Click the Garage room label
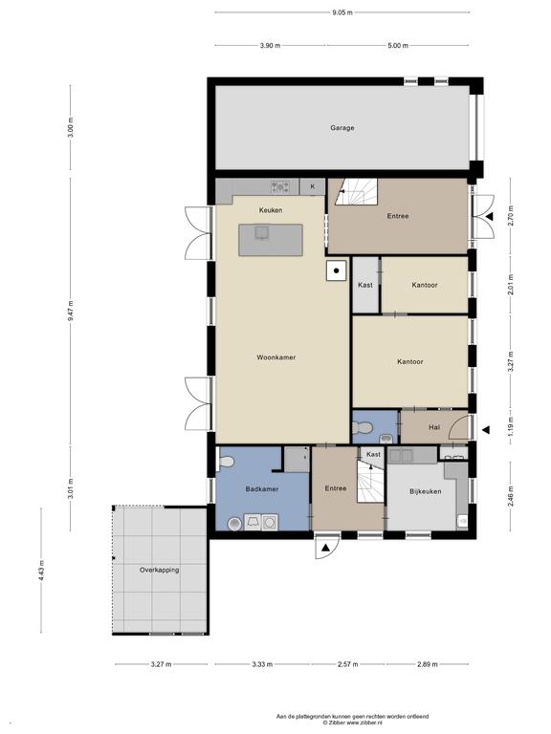click(x=342, y=128)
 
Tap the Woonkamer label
click(x=275, y=357)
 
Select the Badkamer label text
click(x=262, y=488)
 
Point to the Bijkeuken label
click(x=426, y=491)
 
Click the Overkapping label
click(x=160, y=571)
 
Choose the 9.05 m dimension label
click(x=342, y=12)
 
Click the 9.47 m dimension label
click(x=70, y=311)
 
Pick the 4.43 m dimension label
click(x=41, y=571)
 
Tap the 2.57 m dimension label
click(x=347, y=664)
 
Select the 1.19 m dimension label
click(x=511, y=426)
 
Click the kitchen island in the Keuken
click(x=271, y=240)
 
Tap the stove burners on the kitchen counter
click(x=279, y=187)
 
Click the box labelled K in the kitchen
click(x=313, y=186)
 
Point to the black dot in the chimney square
click(x=336, y=270)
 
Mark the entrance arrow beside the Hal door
click(x=486, y=429)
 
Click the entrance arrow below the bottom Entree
click(x=325, y=548)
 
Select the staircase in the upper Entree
click(x=357, y=191)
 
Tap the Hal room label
click(x=434, y=427)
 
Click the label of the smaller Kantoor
click(x=425, y=285)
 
